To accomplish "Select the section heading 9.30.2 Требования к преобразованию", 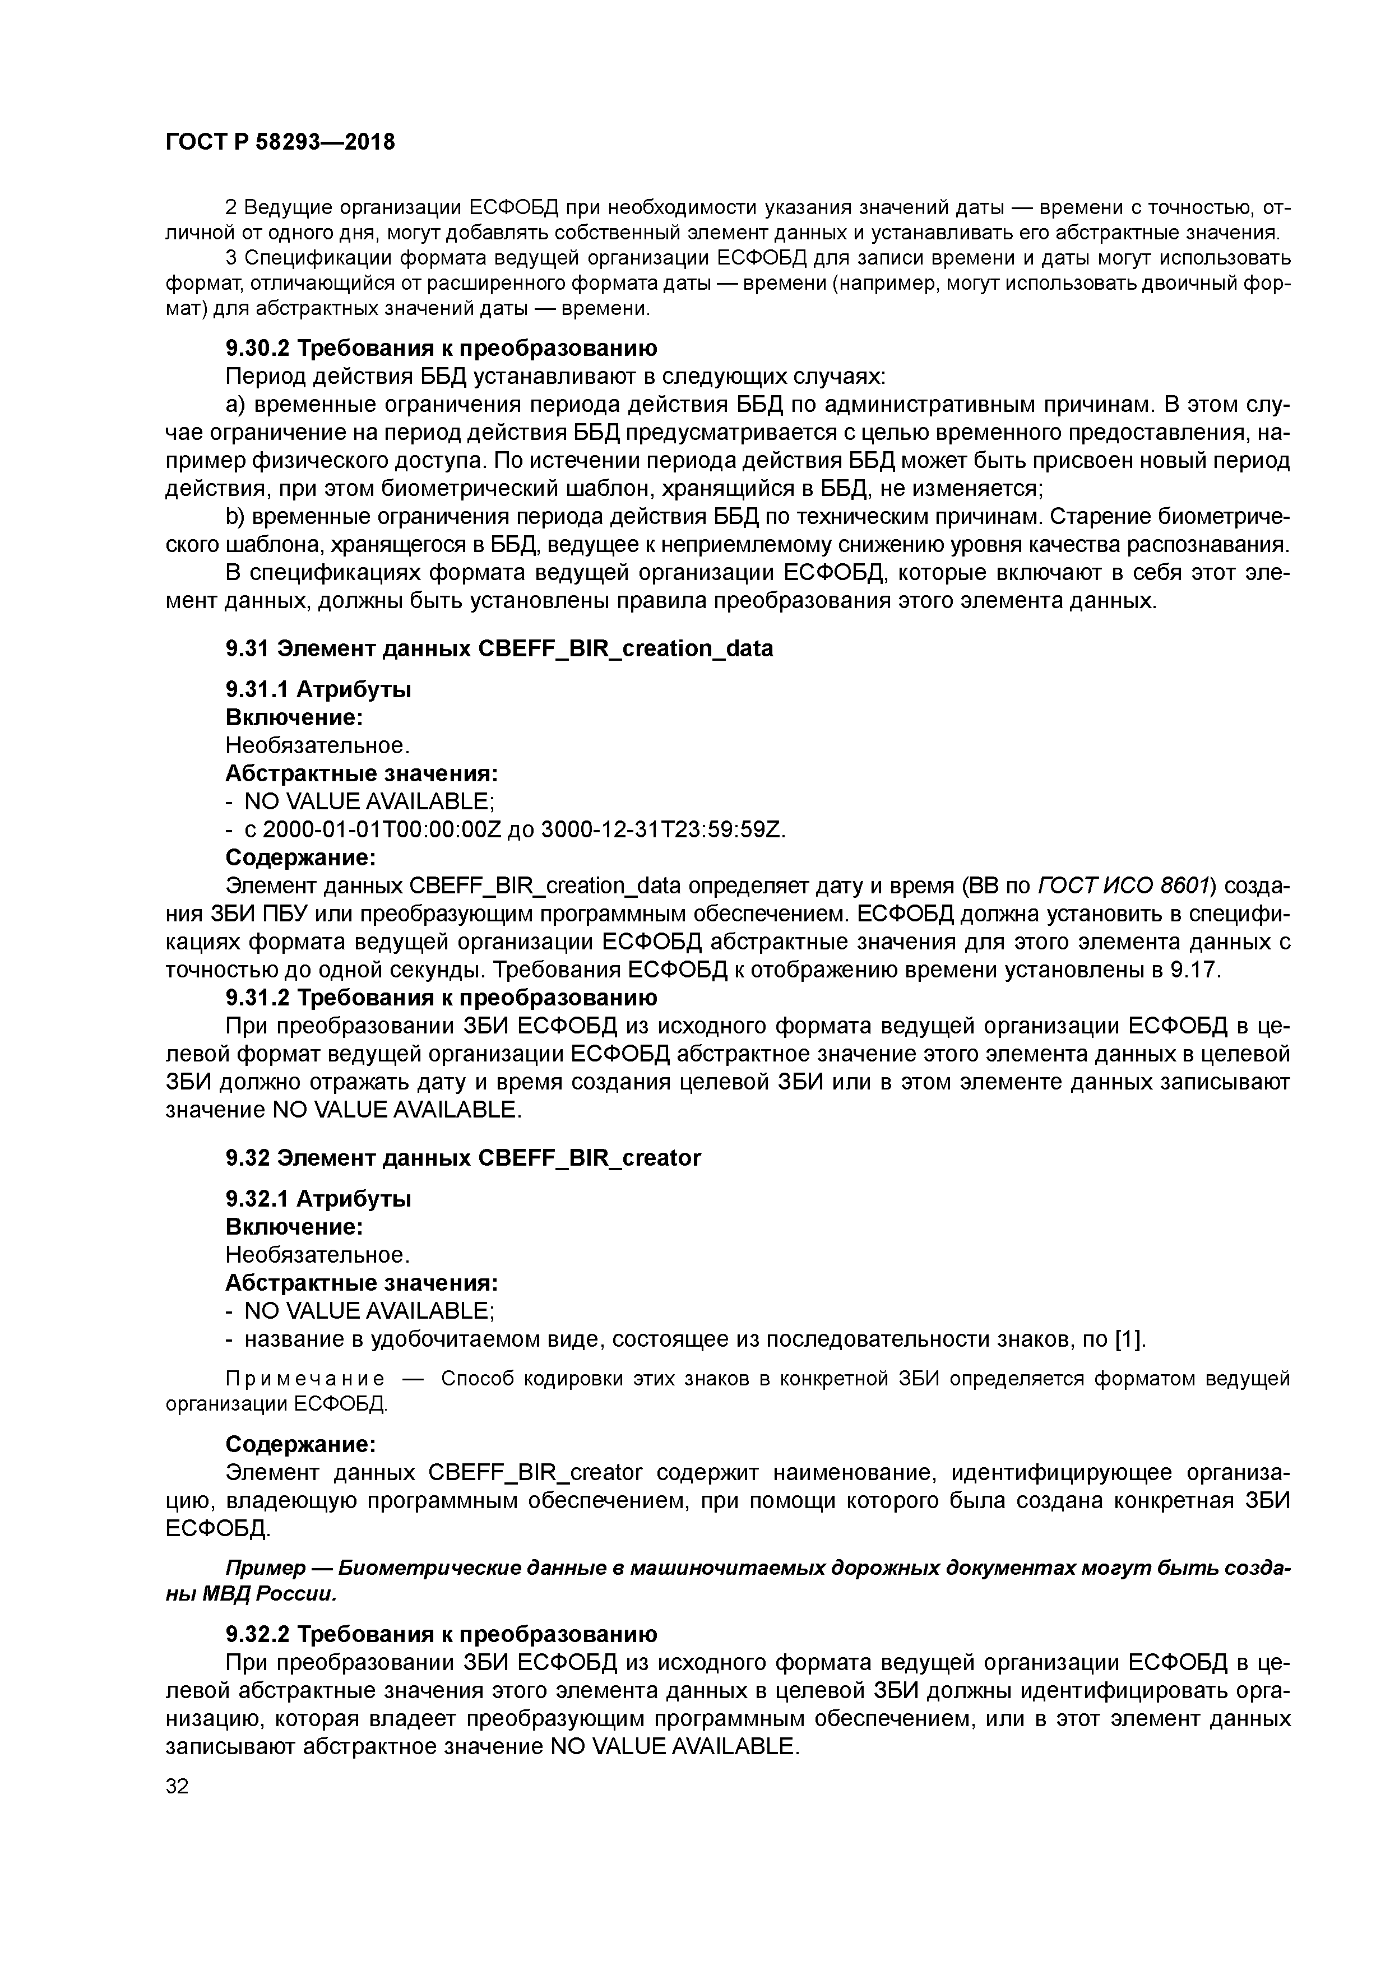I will (441, 349).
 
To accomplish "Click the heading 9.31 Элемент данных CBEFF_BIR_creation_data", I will (498, 649).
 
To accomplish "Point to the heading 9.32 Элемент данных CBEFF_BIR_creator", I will (462, 1158).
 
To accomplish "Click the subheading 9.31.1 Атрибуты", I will (318, 689).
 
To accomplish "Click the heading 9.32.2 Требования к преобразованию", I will (441, 1635).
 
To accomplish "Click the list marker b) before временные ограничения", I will (235, 517).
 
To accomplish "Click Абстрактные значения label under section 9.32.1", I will (362, 1283).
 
